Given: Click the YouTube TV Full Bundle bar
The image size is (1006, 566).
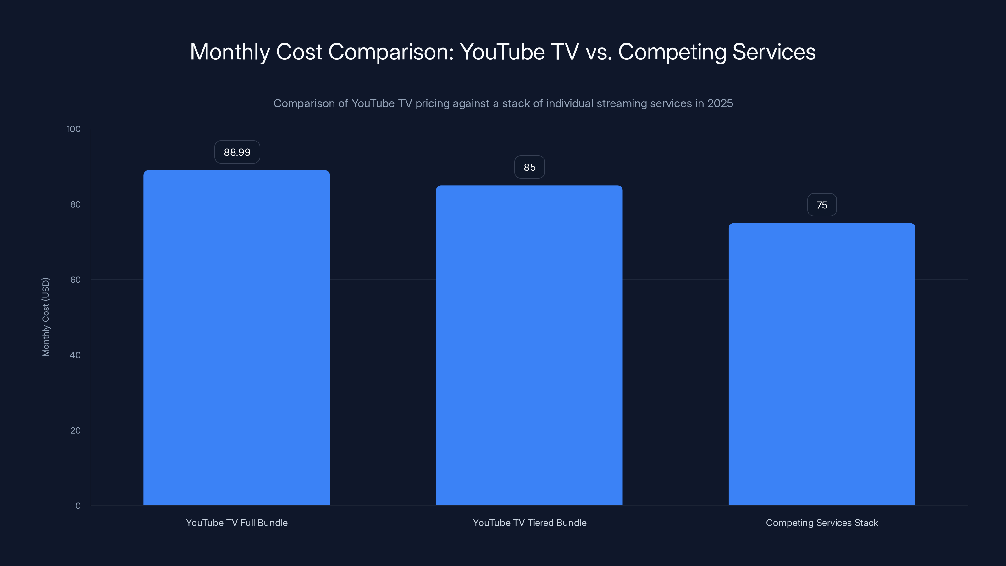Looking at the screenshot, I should pyautogui.click(x=237, y=338).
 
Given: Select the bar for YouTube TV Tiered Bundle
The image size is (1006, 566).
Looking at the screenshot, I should pyautogui.click(x=529, y=345).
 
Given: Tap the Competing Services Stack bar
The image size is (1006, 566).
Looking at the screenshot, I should pyautogui.click(x=822, y=364).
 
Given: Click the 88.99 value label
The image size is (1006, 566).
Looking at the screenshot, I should pyautogui.click(x=237, y=152).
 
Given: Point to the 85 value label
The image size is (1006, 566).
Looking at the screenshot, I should pyautogui.click(x=529, y=168).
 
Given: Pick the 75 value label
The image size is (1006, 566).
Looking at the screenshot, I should pyautogui.click(x=822, y=205).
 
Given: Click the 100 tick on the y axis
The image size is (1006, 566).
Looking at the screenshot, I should pyautogui.click(x=74, y=129).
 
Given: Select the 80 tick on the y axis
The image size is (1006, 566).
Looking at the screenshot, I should pyautogui.click(x=75, y=205).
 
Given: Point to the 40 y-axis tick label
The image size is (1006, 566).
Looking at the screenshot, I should pyautogui.click(x=75, y=355).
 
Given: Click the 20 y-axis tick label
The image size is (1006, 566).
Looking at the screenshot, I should pyautogui.click(x=75, y=431).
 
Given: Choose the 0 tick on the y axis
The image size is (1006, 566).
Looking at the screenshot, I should pyautogui.click(x=78, y=506).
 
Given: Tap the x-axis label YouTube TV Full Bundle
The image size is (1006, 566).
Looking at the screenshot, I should pyautogui.click(x=237, y=523).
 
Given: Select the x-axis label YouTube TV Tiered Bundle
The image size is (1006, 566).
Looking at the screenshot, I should pyautogui.click(x=529, y=523).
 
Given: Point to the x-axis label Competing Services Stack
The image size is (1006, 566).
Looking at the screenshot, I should pyautogui.click(x=822, y=523).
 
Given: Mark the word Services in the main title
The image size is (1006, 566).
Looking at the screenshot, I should pyautogui.click(x=774, y=52).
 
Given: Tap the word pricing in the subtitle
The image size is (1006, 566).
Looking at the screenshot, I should pyautogui.click(x=432, y=103).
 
